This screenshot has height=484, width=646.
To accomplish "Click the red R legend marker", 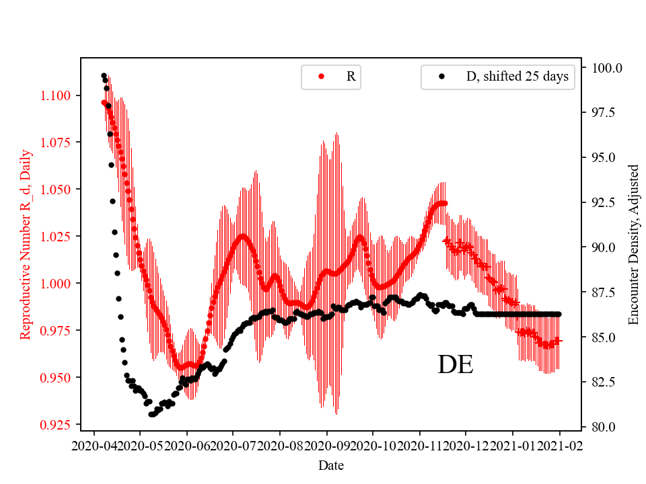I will (321, 77).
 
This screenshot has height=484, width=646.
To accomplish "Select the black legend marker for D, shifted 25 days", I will (441, 77).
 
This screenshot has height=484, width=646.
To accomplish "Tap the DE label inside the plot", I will (456, 364).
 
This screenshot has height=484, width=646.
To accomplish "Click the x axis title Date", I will (331, 465).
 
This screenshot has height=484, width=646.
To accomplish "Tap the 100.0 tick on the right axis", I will (607, 68).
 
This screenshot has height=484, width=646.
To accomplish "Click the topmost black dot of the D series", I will (104, 75).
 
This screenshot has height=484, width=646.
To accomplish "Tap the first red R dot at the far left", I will (104, 102).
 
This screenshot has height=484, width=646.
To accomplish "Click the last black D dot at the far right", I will (559, 314).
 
